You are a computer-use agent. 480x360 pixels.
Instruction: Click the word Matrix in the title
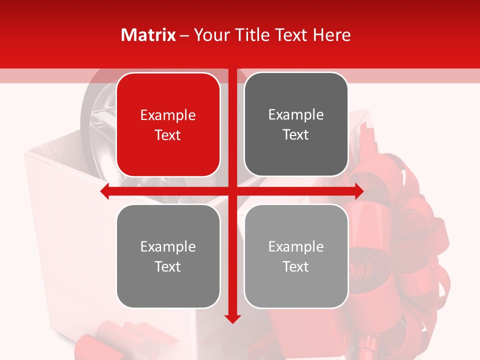[x=148, y=35]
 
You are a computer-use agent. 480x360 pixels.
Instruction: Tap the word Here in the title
[x=331, y=35]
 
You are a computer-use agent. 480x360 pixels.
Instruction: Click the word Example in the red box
[x=168, y=115]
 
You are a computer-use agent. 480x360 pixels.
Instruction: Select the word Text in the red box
[x=168, y=135]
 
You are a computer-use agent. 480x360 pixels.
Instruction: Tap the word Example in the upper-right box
[x=296, y=115]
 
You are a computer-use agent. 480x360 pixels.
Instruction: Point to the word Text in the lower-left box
[x=168, y=266]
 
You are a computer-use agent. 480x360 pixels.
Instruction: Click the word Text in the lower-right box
[x=296, y=266]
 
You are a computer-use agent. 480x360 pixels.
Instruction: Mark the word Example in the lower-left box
[x=168, y=247]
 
